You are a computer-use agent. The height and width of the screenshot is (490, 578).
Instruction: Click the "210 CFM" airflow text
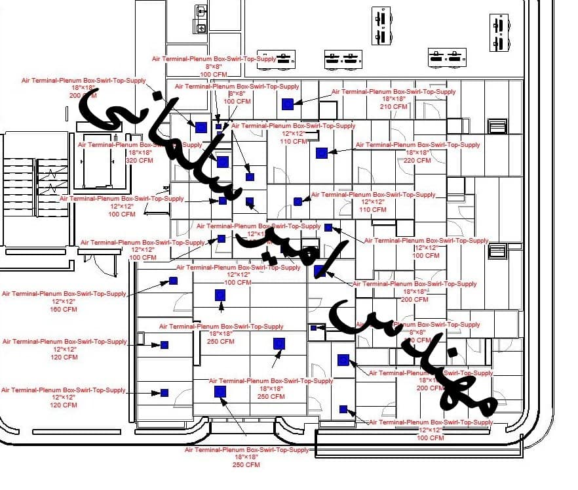[x=393, y=106]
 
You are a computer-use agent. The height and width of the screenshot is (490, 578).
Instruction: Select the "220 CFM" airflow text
[x=417, y=160]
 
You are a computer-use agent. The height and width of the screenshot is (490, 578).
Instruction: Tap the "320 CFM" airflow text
[x=139, y=160]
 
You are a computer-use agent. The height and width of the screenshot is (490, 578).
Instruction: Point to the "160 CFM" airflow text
[x=64, y=309]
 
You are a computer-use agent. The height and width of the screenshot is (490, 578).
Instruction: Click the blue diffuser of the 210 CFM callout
[x=287, y=104]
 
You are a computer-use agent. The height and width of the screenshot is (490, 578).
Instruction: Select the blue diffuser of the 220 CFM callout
[x=321, y=153]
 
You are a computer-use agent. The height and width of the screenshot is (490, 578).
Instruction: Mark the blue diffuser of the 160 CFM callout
[x=173, y=281]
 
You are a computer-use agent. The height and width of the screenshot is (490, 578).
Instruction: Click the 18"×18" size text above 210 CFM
[x=393, y=99]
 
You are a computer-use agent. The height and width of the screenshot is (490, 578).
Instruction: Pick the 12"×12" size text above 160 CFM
[x=64, y=301]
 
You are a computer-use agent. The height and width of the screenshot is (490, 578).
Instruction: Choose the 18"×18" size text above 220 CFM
[x=417, y=152]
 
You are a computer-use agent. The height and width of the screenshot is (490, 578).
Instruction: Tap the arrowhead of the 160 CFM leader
[x=166, y=283]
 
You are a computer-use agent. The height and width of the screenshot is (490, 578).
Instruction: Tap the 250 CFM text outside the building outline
[x=246, y=465]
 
